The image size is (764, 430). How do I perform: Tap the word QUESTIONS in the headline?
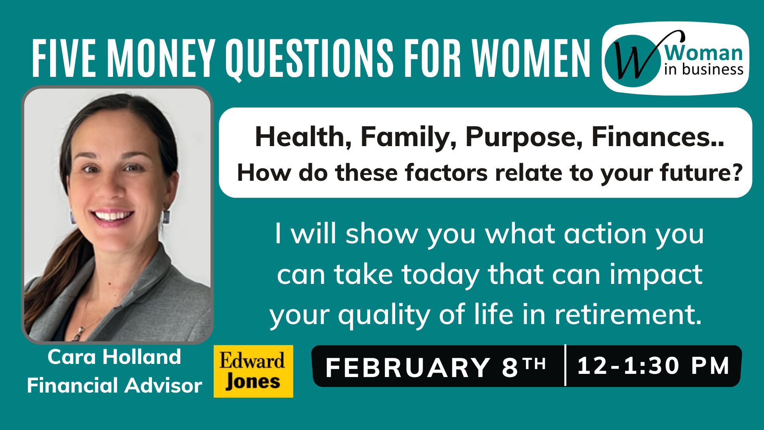pos(310,59)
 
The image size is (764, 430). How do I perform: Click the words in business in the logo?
pos(704,70)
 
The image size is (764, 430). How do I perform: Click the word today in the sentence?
pos(440,275)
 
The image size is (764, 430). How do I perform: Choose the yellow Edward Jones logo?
pos(253,371)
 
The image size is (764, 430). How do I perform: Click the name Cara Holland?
pos(114,357)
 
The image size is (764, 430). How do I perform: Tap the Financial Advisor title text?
pos(114,385)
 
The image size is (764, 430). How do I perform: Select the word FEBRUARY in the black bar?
pos(408,367)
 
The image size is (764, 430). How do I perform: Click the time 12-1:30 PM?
pos(653,365)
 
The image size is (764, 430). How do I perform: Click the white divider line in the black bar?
pos(565,365)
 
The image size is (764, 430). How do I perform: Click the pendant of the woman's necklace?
pos(80,332)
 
